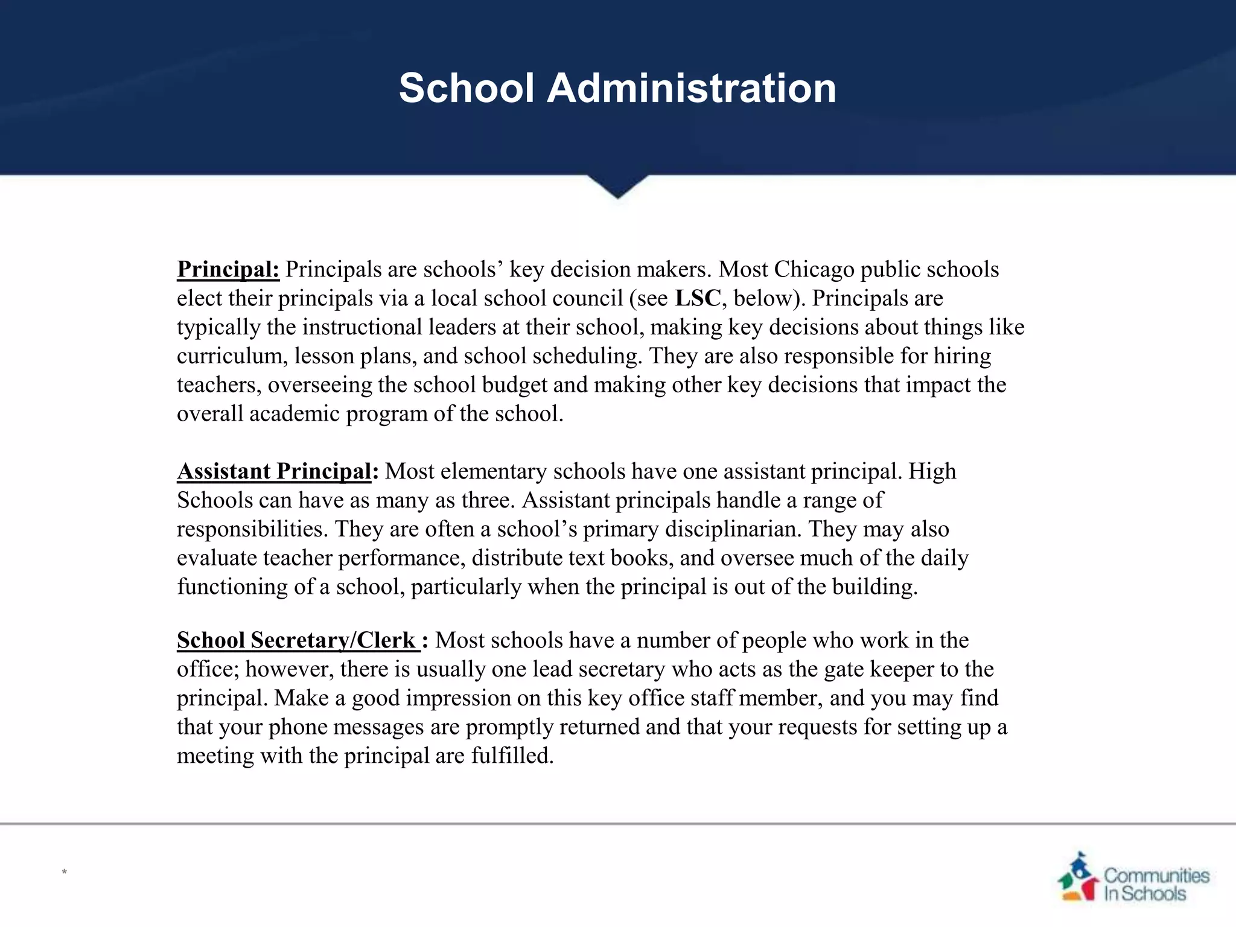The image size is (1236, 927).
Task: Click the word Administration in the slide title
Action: point(691,88)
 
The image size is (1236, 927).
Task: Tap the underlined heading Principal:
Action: point(228,269)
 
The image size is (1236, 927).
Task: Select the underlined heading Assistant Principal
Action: point(274,471)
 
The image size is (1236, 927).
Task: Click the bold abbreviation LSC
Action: point(697,298)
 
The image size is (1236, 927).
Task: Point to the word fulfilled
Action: point(512,756)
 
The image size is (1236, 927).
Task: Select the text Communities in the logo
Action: point(1156,875)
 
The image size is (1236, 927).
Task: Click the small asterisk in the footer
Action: point(64,871)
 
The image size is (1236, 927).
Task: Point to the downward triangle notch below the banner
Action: point(617,186)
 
